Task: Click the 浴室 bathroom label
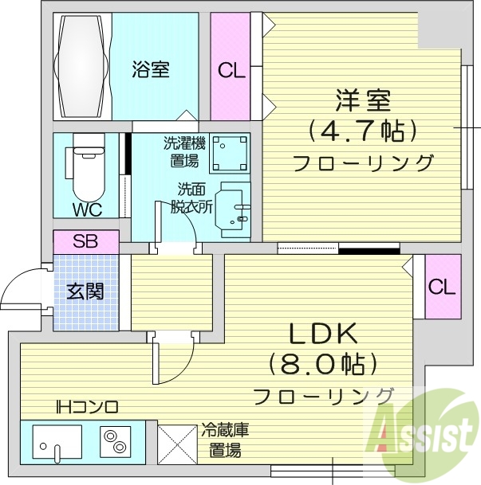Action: point(150,70)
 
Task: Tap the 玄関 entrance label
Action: point(85,291)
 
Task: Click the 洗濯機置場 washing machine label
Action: point(184,152)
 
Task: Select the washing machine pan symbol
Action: point(230,153)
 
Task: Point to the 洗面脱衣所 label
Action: point(192,198)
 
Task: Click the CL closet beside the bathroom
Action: point(231,70)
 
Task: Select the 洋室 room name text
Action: point(362,103)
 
